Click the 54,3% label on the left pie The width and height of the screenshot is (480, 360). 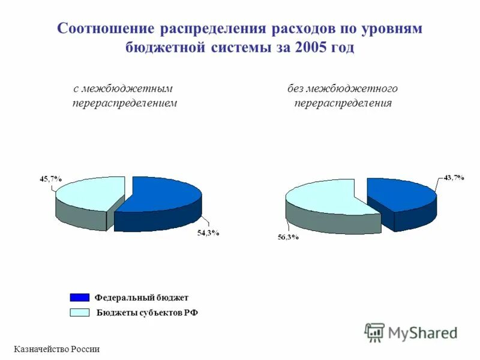pyautogui.click(x=208, y=233)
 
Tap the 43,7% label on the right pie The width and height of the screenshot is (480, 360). pyautogui.click(x=453, y=178)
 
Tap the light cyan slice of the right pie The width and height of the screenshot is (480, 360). pyautogui.click(x=321, y=197)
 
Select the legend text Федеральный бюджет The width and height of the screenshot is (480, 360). pyautogui.click(x=141, y=298)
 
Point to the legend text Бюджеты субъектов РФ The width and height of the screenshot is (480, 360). pyautogui.click(x=147, y=312)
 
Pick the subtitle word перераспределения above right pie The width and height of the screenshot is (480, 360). pyautogui.click(x=343, y=103)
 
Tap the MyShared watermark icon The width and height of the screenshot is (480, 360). pyautogui.click(x=374, y=332)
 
